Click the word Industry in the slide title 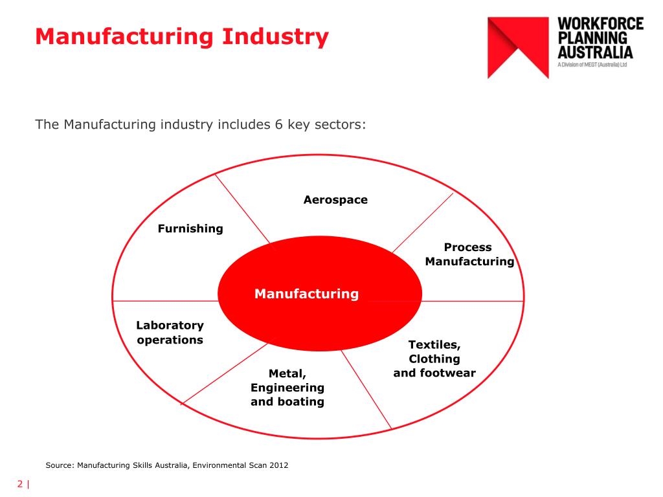(275, 37)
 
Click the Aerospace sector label (336, 200)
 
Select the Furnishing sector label (190, 228)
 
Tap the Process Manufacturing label (470, 254)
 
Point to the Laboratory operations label (170, 333)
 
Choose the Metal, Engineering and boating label (287, 388)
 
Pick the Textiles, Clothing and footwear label (434, 359)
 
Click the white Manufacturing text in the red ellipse (306, 294)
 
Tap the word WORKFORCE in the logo (600, 24)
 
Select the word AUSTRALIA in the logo (596, 52)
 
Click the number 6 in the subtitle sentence (278, 125)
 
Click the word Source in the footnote (60, 465)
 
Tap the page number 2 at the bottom (20, 484)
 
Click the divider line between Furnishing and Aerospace (242, 209)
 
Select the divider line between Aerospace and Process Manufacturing (423, 223)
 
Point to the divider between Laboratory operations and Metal (225, 373)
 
